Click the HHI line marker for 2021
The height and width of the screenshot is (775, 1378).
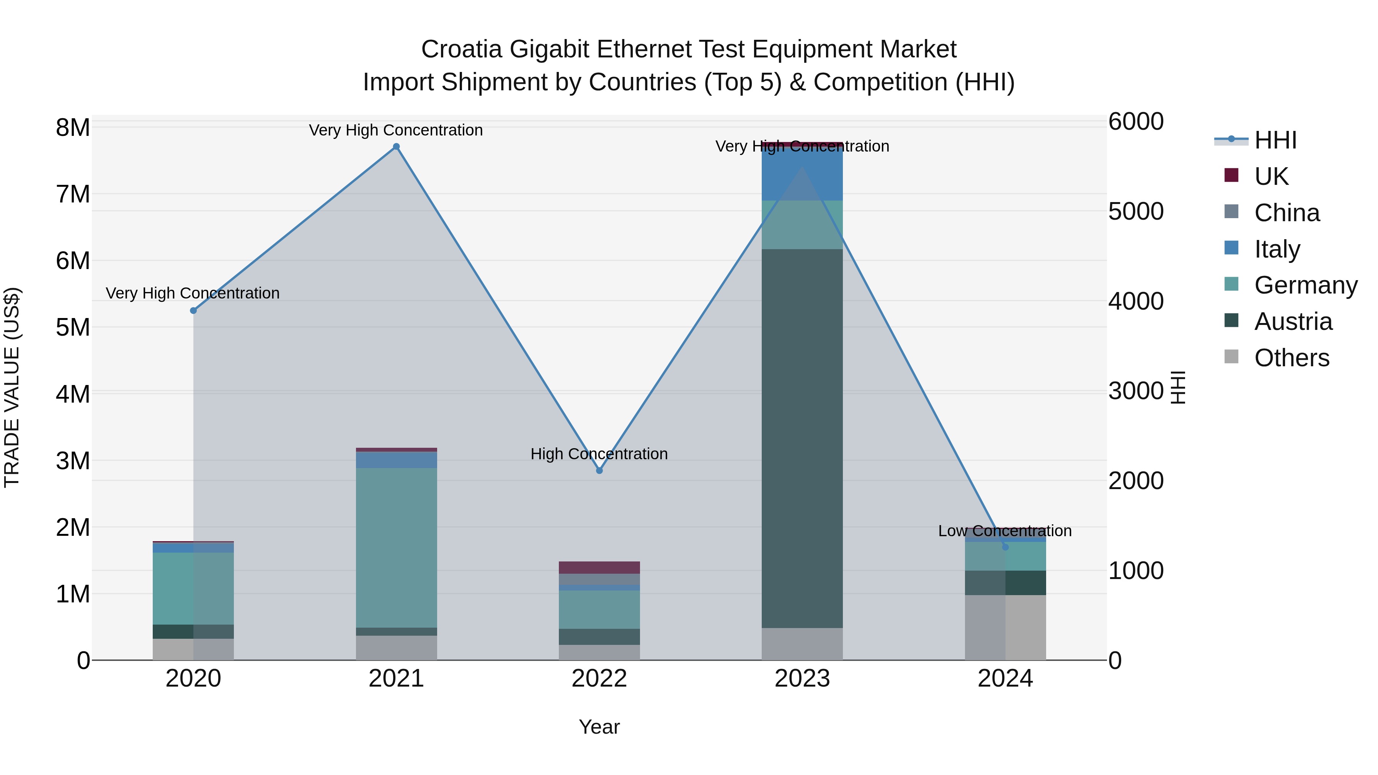tap(397, 147)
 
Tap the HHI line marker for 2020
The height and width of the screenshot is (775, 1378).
tap(194, 310)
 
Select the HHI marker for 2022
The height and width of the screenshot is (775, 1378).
tap(599, 471)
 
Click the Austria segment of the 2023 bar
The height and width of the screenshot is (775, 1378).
tap(802, 439)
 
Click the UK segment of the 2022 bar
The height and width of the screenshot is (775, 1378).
tap(599, 568)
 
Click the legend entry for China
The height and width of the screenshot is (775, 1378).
tap(1287, 213)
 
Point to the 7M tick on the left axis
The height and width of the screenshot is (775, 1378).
tap(73, 194)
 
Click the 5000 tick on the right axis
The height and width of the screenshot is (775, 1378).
tap(1136, 211)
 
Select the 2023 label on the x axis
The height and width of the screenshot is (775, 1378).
tap(802, 679)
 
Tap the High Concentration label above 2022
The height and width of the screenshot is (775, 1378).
tap(599, 454)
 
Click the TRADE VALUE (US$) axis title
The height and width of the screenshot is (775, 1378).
tap(12, 387)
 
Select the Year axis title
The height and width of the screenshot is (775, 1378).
tap(599, 727)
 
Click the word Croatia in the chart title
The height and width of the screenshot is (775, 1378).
tap(461, 49)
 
